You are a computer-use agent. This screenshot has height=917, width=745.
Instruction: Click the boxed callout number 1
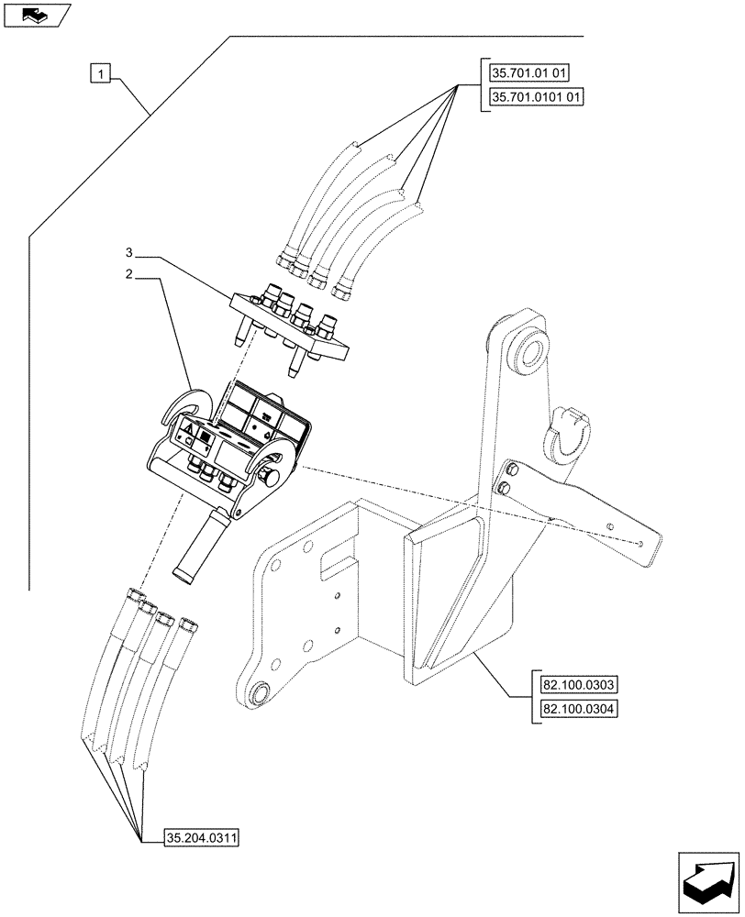[101, 72]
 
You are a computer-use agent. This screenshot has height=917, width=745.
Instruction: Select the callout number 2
[129, 274]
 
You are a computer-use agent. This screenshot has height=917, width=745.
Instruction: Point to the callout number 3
[129, 251]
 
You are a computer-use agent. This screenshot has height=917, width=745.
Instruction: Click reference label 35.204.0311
[201, 836]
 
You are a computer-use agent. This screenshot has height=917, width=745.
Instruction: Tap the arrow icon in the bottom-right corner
[707, 881]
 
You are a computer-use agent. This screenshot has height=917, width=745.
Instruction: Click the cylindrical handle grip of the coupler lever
[200, 547]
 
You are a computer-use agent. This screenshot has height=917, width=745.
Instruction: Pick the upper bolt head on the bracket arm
[511, 470]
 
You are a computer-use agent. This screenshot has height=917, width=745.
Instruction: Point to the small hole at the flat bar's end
[638, 541]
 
